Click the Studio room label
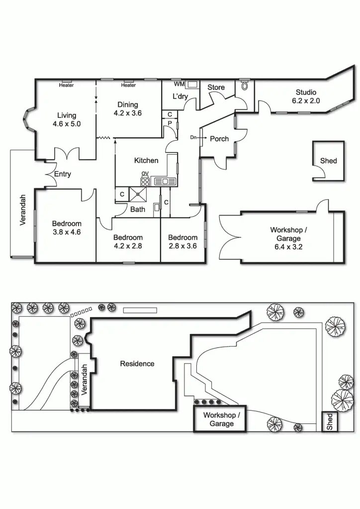tap(306, 92)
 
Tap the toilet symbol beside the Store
tap(244, 85)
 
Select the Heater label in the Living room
tap(66, 85)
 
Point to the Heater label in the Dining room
tap(128, 85)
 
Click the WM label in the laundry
tap(179, 84)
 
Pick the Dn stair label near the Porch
tap(193, 137)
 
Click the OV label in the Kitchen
tap(145, 173)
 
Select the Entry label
tap(63, 174)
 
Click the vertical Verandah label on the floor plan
tap(23, 210)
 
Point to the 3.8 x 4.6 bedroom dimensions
tap(67, 232)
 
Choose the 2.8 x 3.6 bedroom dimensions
tap(182, 246)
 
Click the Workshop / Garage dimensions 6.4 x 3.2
tap(288, 247)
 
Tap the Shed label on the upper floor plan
tap(328, 161)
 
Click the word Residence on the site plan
tap(137, 364)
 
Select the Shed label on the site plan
tap(330, 422)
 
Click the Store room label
tap(216, 87)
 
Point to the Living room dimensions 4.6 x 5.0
tap(67, 124)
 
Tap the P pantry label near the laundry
tap(170, 123)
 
